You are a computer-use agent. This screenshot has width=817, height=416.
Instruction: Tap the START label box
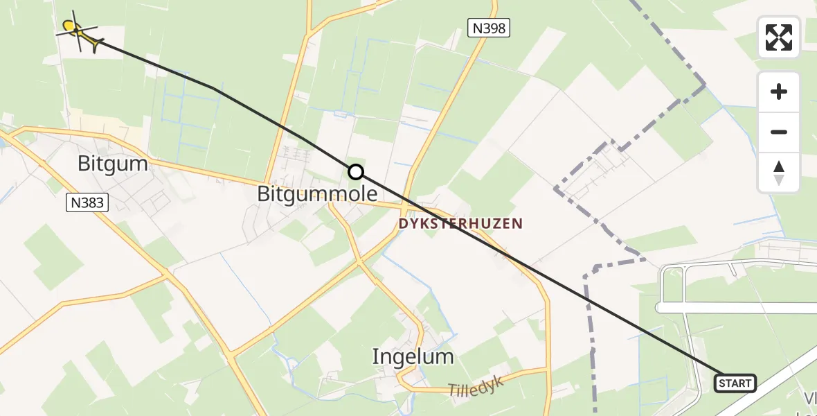735,383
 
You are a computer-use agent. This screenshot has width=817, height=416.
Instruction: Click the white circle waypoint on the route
355,172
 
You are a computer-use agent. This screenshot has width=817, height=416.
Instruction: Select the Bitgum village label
112,164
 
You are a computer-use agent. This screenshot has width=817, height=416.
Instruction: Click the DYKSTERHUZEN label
460,224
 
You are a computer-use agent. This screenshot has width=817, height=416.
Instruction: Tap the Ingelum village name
413,356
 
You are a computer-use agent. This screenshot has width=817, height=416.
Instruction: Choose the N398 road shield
488,28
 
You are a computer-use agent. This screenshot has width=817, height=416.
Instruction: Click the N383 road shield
88,202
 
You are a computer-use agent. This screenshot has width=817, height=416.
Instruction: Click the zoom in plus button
779,92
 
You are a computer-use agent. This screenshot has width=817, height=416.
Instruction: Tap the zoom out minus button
779,132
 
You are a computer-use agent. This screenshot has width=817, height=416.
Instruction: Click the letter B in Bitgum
84,164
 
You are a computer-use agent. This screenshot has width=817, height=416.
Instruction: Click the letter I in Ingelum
375,356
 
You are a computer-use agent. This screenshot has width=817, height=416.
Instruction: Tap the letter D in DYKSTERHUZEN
402,224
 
